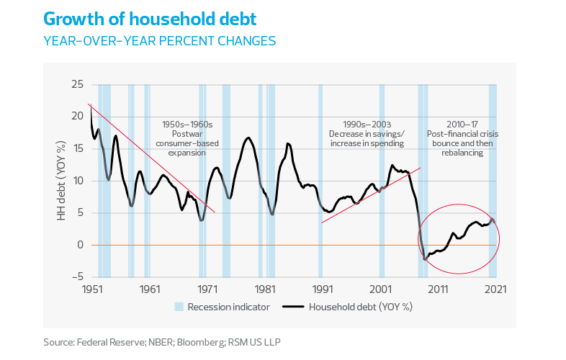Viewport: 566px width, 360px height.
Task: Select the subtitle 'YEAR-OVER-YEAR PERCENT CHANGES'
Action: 159,42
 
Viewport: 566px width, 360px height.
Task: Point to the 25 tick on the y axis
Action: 77,85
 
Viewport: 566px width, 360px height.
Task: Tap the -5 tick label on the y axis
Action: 77,276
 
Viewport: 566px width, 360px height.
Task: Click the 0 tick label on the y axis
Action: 80,245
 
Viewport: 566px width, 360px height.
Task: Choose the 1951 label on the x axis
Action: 91,289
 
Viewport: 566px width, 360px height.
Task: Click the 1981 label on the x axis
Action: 265,289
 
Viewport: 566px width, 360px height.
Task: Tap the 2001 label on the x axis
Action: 381,289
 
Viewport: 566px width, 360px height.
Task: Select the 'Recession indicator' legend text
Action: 228,307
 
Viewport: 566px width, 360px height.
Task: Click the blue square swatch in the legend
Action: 179,307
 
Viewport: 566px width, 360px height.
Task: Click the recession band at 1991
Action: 320,180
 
